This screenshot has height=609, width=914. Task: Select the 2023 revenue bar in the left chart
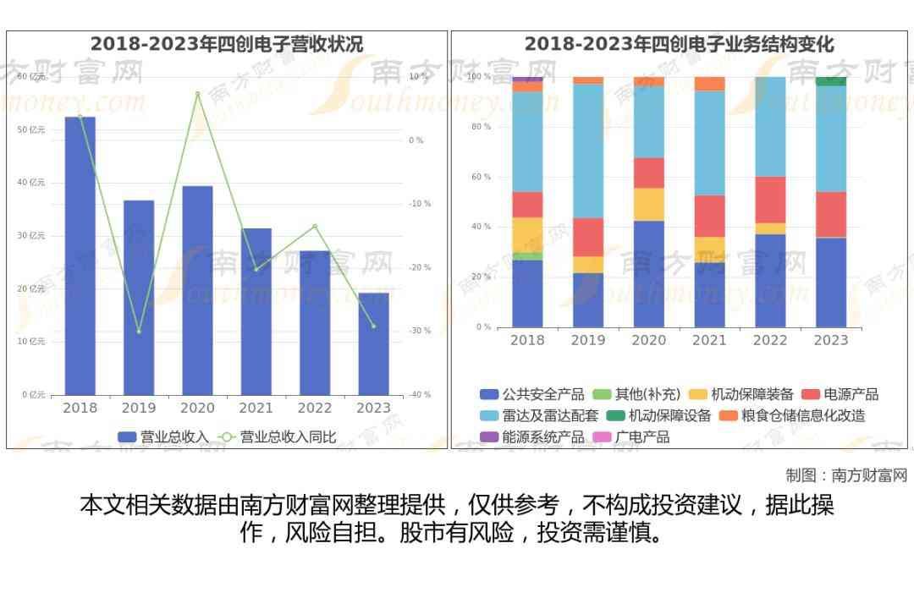pyautogui.click(x=373, y=343)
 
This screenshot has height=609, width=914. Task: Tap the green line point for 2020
pyautogui.click(x=197, y=93)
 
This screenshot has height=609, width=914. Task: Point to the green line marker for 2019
pyautogui.click(x=139, y=331)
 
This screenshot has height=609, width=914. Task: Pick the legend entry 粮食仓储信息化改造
pyautogui.click(x=792, y=415)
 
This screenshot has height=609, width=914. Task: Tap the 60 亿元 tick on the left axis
pyautogui.click(x=31, y=77)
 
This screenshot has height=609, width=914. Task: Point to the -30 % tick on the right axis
pyautogui.click(x=421, y=331)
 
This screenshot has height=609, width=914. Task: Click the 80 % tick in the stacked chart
pyautogui.click(x=481, y=127)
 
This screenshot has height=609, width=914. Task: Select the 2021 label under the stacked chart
pyautogui.click(x=709, y=340)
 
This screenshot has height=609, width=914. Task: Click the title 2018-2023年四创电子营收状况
pyautogui.click(x=227, y=44)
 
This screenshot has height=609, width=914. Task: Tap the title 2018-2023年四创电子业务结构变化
pyautogui.click(x=679, y=44)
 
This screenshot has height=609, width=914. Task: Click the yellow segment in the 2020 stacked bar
pyautogui.click(x=648, y=204)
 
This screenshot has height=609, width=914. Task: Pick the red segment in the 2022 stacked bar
pyautogui.click(x=770, y=200)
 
